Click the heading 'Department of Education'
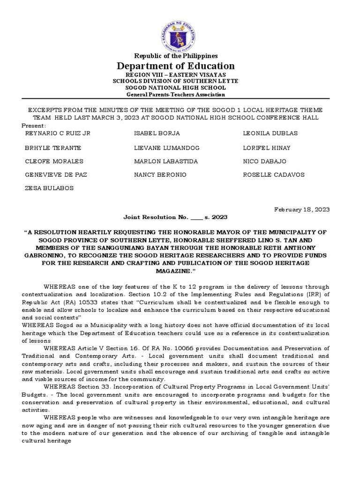[176, 66]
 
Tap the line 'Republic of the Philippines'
[176, 56]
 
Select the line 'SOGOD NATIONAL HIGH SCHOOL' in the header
[176, 88]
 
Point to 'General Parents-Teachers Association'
[176, 94]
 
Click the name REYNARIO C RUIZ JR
[57, 134]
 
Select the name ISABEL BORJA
[157, 134]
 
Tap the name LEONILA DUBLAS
[270, 134]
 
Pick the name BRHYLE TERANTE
[53, 148]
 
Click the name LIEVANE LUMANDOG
[167, 148]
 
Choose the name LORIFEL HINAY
[267, 148]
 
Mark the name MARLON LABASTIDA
[166, 162]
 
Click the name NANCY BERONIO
[160, 175]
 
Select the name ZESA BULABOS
[49, 188]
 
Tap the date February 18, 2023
[302, 209]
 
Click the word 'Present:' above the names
[34, 126]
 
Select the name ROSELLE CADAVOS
[274, 175]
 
